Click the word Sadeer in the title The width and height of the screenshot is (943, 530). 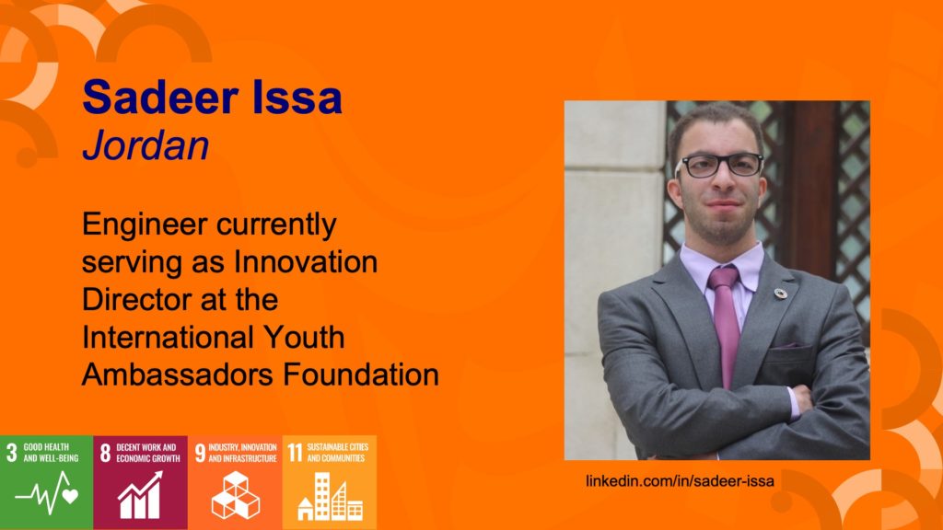[160, 98]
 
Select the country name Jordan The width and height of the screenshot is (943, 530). [146, 145]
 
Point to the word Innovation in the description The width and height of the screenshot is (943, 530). [306, 261]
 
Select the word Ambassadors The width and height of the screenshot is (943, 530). [178, 374]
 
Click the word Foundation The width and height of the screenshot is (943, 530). [361, 374]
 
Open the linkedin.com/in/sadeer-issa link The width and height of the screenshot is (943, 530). [680, 480]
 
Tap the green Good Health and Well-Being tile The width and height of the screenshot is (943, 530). [46, 482]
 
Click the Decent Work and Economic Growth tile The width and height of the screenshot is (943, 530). [140, 482]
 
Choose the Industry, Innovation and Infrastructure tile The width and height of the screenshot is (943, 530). [235, 482]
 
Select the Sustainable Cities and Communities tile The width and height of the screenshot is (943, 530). [329, 482]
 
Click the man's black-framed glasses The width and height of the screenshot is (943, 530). [719, 166]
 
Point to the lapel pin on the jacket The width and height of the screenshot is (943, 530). [781, 294]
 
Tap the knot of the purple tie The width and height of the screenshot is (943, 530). [723, 278]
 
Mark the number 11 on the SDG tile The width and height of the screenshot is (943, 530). [295, 453]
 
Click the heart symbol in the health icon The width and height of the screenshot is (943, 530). [70, 496]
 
